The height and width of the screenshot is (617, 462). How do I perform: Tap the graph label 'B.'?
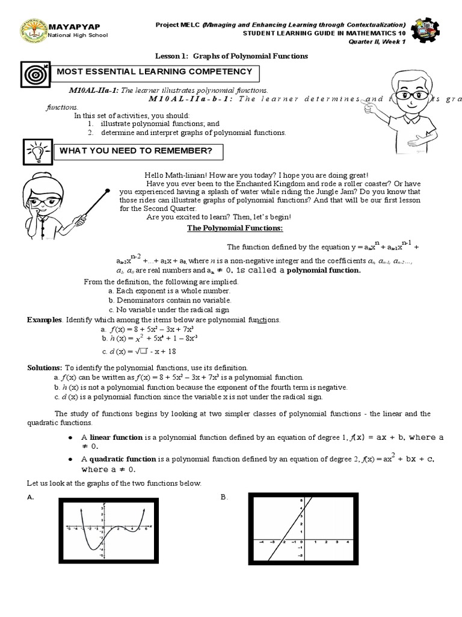[224, 498]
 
